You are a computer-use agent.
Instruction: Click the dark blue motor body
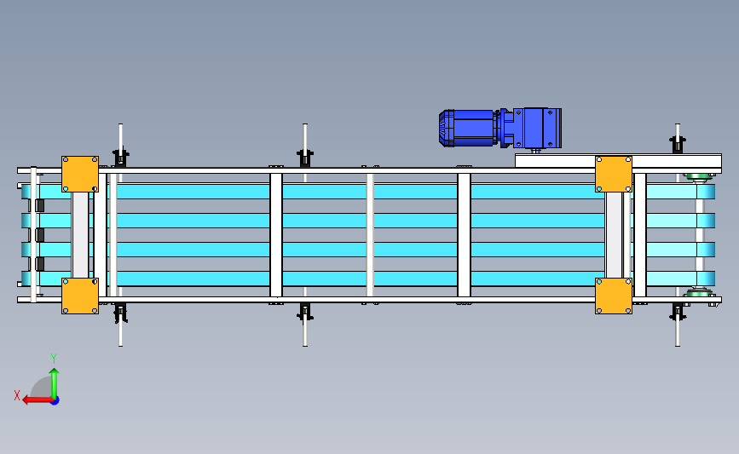point(467,127)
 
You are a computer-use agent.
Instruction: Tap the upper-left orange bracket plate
point(80,173)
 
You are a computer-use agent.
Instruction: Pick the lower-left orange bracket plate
point(80,296)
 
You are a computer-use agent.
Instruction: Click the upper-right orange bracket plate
point(613,173)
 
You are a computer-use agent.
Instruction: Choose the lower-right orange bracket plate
point(613,296)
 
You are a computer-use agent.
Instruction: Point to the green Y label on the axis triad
point(53,359)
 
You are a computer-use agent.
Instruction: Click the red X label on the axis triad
point(16,395)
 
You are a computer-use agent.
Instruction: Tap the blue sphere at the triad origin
point(54,399)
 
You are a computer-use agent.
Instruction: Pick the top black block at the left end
point(39,206)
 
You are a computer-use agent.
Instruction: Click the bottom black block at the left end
point(39,263)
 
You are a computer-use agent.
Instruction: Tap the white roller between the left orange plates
point(80,234)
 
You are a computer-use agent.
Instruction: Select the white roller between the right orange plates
point(614,234)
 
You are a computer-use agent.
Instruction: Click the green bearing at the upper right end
point(699,177)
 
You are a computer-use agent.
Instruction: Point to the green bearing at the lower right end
point(699,295)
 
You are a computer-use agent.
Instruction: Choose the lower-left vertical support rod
point(120,328)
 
